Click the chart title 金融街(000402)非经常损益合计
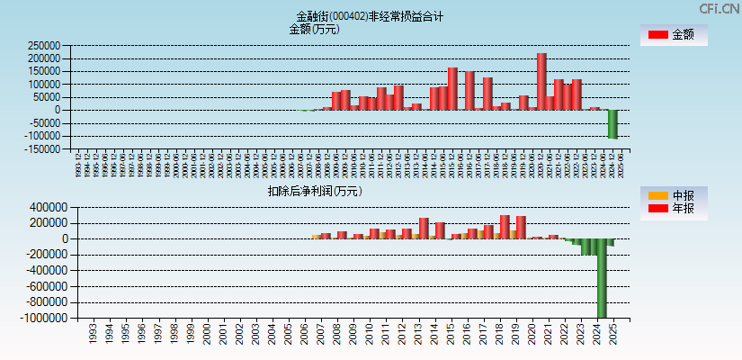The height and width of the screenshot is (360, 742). pyautogui.click(x=370, y=16)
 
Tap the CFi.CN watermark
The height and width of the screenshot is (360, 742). pyautogui.click(x=720, y=8)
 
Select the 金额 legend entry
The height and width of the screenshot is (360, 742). pyautogui.click(x=674, y=34)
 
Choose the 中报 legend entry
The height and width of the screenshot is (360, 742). pyautogui.click(x=674, y=195)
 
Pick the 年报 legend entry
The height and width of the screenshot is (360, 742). pyautogui.click(x=674, y=209)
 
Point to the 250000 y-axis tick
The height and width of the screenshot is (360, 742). pyautogui.click(x=44, y=45)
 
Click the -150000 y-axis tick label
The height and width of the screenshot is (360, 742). pyautogui.click(x=41, y=149)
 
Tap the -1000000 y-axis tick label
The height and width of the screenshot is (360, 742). pyautogui.click(x=39, y=318)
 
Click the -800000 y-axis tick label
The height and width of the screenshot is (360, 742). pyautogui.click(x=41, y=302)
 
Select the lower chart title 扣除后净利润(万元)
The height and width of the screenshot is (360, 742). pyautogui.click(x=315, y=191)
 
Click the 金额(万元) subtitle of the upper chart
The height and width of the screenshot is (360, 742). pyautogui.click(x=314, y=29)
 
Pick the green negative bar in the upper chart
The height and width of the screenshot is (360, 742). pyautogui.click(x=612, y=123)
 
